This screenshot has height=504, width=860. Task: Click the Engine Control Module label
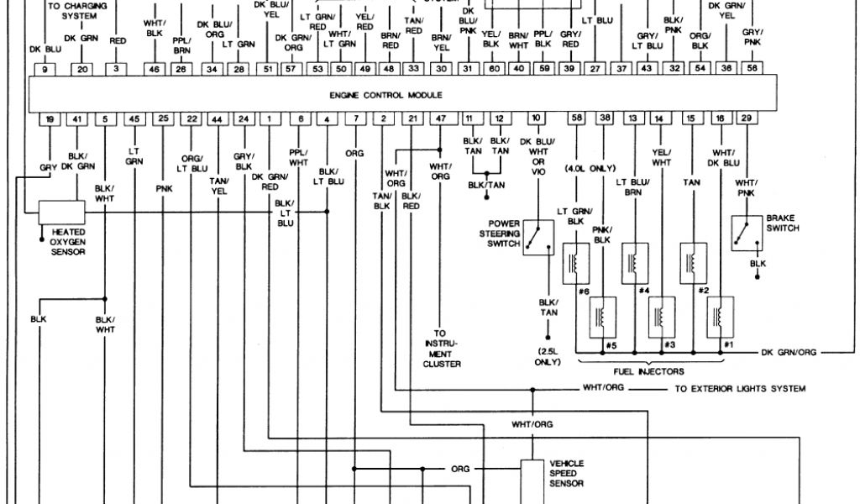click(386, 95)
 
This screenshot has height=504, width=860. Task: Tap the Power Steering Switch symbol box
click(537, 237)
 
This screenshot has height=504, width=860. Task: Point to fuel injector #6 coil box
click(576, 261)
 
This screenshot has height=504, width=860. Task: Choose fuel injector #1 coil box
click(721, 316)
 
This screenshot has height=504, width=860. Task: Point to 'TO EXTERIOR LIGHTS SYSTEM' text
click(740, 389)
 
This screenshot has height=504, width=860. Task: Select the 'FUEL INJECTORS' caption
click(649, 370)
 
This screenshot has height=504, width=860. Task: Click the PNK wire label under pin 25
click(163, 190)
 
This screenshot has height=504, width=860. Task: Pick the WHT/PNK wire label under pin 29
click(747, 187)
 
